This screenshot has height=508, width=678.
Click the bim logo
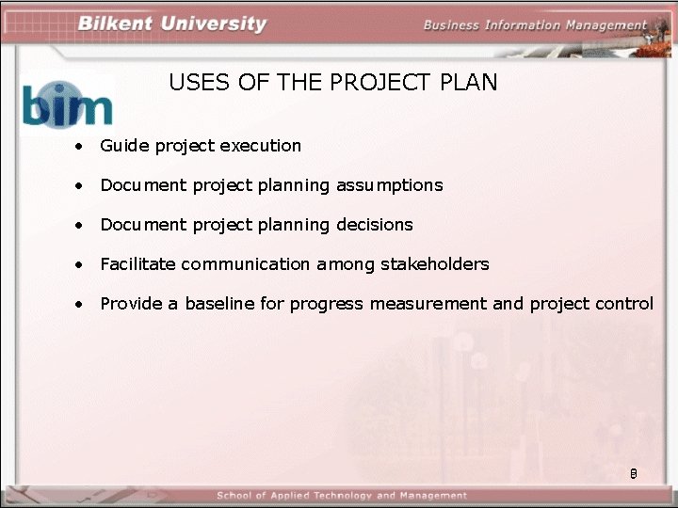(x=68, y=103)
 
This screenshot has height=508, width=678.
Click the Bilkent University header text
(x=172, y=24)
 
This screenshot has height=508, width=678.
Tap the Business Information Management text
(x=535, y=25)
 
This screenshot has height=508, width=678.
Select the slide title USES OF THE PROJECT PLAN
(x=333, y=83)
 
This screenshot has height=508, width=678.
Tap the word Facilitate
(x=137, y=264)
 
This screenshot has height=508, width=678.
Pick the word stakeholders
(x=435, y=264)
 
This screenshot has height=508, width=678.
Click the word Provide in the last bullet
(x=130, y=304)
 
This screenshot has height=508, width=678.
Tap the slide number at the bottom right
(x=634, y=476)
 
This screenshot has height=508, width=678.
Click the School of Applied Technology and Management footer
(x=342, y=496)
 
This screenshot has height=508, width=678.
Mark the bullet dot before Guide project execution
(x=83, y=147)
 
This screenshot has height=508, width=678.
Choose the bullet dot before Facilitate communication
(x=83, y=265)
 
